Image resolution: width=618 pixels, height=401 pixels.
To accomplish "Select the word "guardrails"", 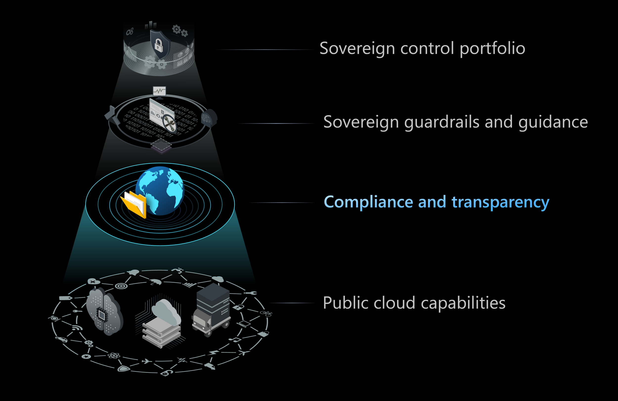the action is [442, 122].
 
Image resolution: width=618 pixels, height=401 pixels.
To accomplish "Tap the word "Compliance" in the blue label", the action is [368, 202].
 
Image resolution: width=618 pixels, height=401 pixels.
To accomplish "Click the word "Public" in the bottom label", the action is [343, 303].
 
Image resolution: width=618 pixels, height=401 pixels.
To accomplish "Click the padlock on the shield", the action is [159, 45].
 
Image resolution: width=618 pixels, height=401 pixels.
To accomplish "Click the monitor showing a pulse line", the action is [159, 92].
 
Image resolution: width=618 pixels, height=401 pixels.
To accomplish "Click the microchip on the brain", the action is [102, 315].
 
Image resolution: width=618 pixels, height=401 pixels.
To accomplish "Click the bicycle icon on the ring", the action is [266, 314].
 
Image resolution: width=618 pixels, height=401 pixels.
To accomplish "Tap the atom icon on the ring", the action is [114, 355].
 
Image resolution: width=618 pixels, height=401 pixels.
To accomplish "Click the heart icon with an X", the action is [93, 282].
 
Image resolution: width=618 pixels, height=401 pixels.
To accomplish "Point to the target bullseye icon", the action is [121, 286].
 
